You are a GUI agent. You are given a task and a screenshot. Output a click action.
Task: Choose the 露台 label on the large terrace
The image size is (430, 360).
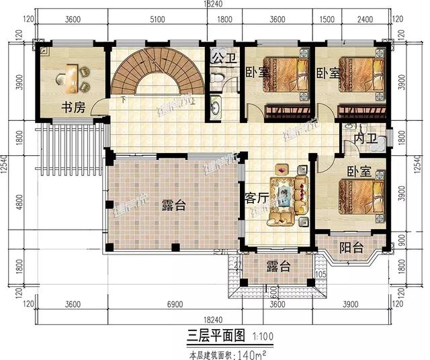pos(173,206)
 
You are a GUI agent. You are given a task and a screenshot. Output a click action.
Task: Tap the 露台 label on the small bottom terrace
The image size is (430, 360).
pos(277,267)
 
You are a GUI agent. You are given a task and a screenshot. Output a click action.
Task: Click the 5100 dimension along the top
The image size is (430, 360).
pos(157,20)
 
